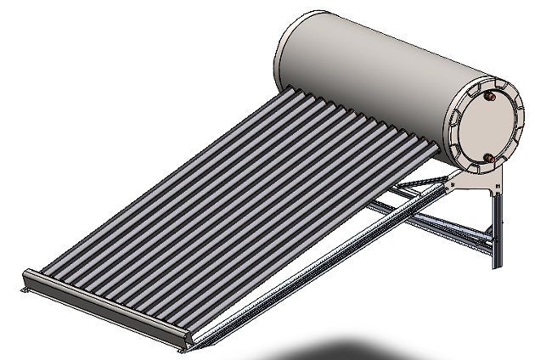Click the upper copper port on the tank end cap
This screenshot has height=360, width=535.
491,98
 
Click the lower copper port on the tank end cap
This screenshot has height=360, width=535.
489,157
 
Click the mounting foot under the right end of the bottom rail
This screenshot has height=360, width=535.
183,346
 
